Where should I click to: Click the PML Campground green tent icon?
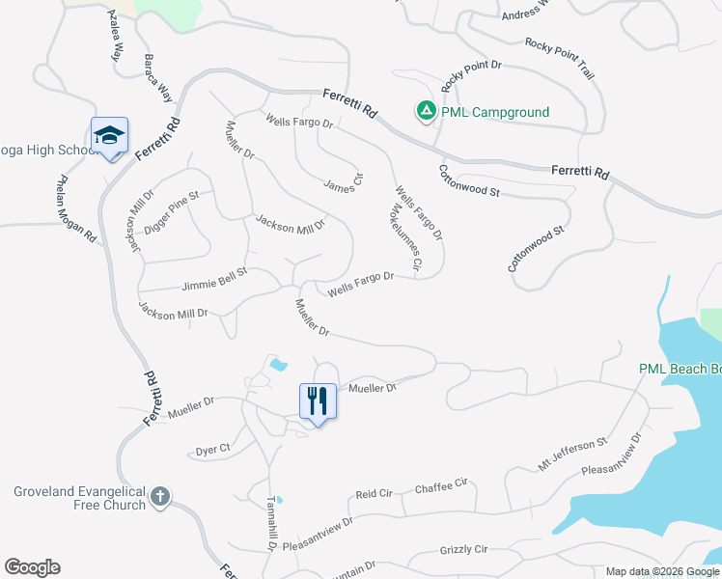click(x=425, y=112)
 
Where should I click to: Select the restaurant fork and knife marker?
click(x=319, y=400)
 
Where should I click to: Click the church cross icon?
click(x=160, y=498)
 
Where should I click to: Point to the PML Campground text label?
click(x=495, y=112)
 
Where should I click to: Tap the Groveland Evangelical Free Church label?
click(x=79, y=498)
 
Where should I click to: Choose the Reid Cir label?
click(x=375, y=493)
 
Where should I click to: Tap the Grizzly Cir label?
click(x=464, y=550)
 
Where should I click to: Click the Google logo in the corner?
click(x=32, y=567)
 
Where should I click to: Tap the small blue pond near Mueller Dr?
click(x=278, y=366)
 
